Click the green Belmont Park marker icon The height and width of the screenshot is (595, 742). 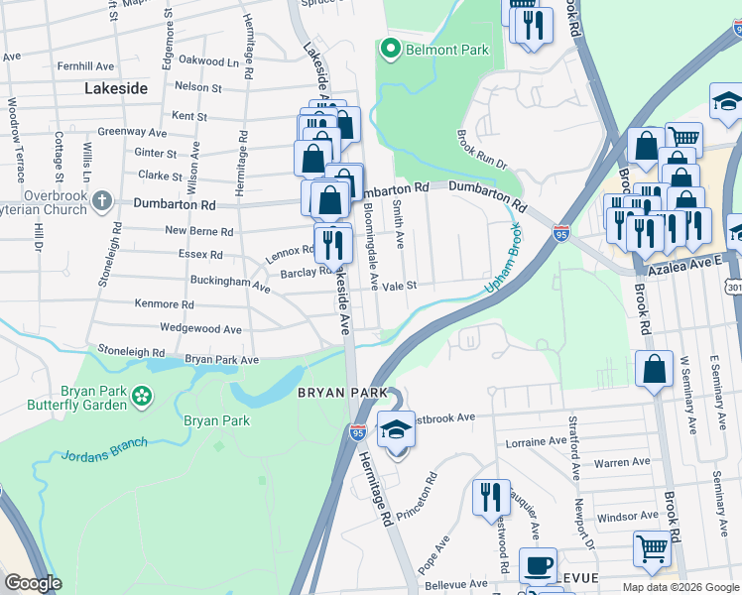[390, 49]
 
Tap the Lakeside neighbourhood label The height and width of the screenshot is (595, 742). [116, 88]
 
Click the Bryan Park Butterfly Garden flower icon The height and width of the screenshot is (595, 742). [143, 396]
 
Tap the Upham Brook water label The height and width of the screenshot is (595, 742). [503, 258]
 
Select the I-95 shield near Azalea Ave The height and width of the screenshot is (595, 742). [561, 234]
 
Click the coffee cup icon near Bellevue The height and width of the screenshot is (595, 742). [538, 566]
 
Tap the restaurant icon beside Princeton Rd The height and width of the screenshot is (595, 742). [490, 495]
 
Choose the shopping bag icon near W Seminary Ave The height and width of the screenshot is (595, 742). [656, 370]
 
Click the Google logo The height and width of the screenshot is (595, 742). [32, 583]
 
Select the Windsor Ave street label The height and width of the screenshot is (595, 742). [628, 516]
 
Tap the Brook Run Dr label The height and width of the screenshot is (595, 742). [482, 149]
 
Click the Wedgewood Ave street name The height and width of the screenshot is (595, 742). [201, 328]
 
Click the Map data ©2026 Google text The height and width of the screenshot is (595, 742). [680, 587]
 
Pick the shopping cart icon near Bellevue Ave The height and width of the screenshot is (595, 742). [652, 547]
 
